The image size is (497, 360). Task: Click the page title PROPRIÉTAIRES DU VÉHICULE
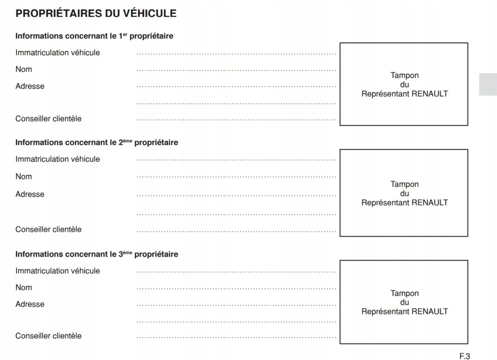(x=96, y=13)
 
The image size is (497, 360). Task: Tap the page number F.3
(x=464, y=356)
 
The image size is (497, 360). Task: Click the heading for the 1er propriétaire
(x=94, y=36)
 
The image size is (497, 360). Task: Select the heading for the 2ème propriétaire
(x=97, y=143)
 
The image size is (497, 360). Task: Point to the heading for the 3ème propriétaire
(x=97, y=254)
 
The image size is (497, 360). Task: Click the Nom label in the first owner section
(x=24, y=69)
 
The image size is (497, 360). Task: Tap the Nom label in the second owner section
(x=24, y=176)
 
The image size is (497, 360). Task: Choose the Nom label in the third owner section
(x=24, y=288)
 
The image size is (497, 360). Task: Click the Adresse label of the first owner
(x=30, y=86)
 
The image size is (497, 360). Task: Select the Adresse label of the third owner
(x=30, y=304)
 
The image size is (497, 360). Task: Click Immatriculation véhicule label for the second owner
(x=58, y=159)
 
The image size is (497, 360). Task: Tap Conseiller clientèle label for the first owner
(x=48, y=119)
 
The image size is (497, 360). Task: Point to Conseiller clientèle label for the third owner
(x=48, y=336)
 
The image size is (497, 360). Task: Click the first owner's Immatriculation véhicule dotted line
(x=236, y=54)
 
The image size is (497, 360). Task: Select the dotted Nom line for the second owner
(x=236, y=177)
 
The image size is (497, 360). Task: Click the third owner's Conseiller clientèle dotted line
(x=236, y=337)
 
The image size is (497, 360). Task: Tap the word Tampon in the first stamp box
(x=405, y=75)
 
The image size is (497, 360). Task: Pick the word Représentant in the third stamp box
(x=385, y=312)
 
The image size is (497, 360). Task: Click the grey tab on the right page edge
(x=488, y=85)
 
